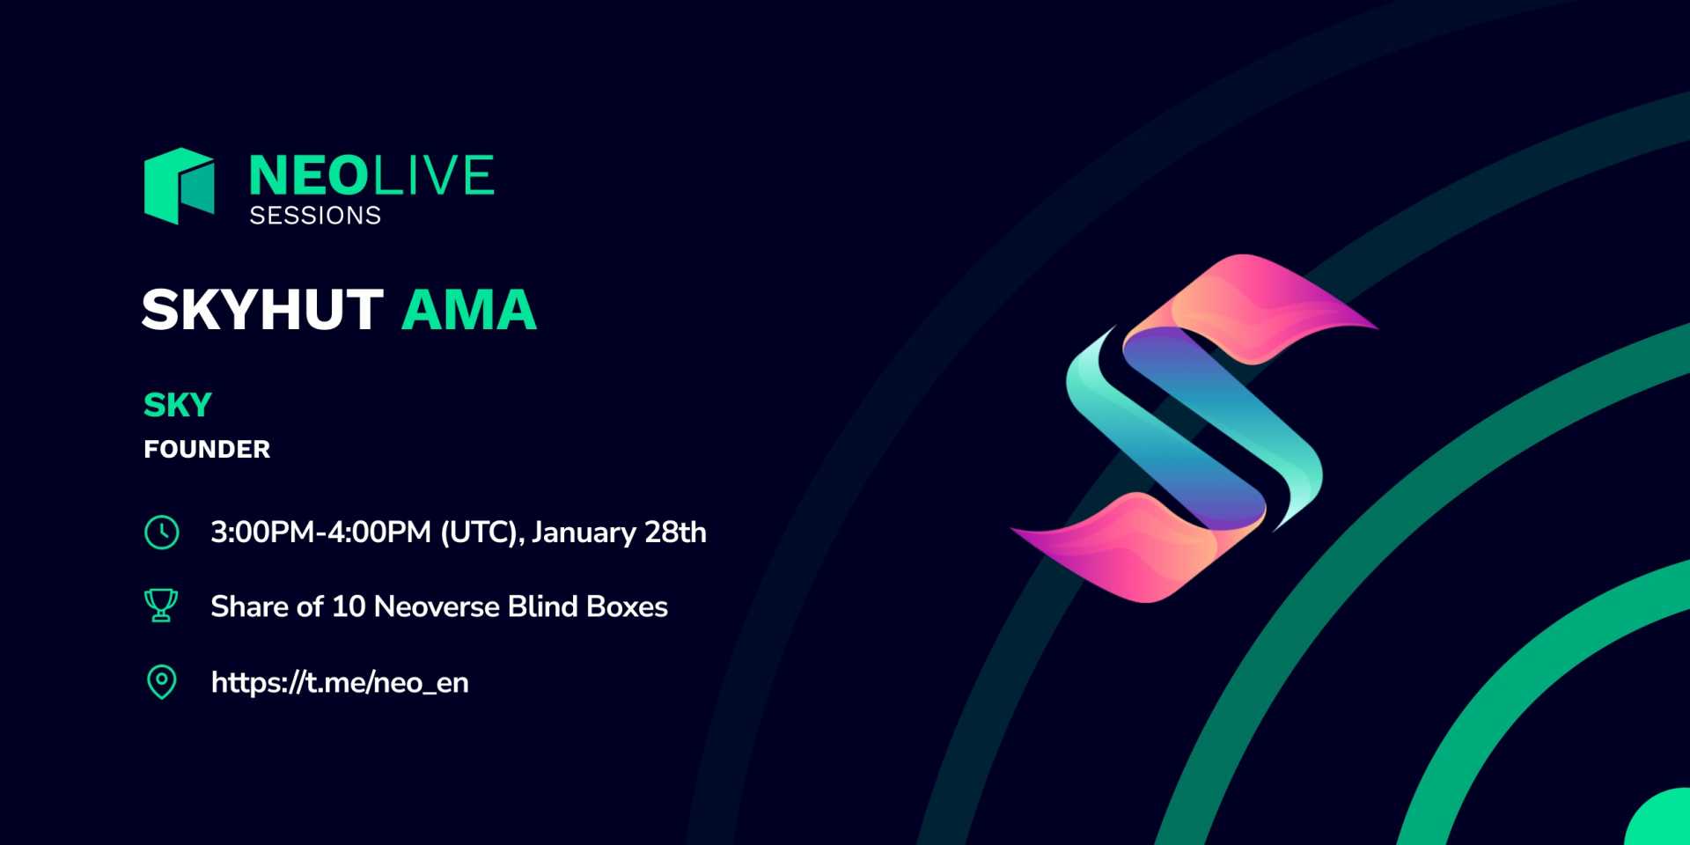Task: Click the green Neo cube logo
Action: click(x=180, y=186)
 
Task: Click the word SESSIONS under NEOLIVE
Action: click(x=315, y=216)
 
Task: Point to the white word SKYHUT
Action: click(x=262, y=310)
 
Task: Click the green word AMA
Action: click(x=469, y=310)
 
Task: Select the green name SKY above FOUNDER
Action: click(x=178, y=405)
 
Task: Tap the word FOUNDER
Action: click(x=207, y=450)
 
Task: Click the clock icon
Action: click(x=162, y=533)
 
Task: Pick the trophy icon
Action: click(x=161, y=606)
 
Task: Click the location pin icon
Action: click(x=161, y=682)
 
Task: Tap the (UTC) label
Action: click(x=481, y=533)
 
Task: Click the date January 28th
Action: click(x=619, y=533)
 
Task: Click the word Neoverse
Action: click(x=437, y=606)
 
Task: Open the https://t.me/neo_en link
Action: click(x=340, y=683)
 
